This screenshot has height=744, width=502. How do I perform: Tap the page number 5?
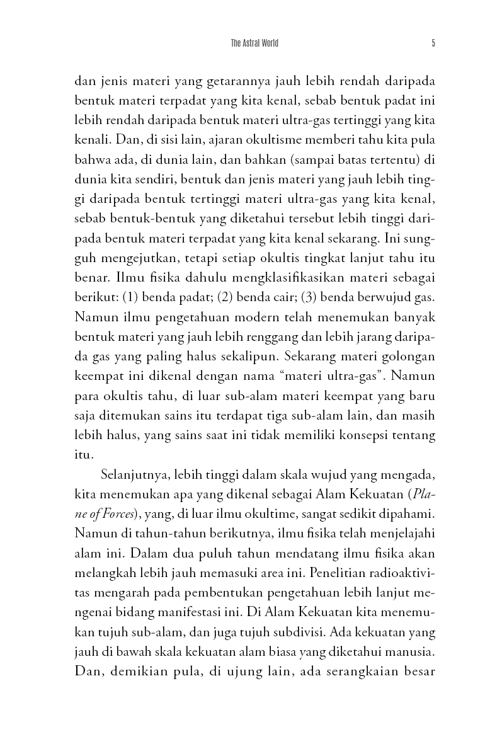(x=433, y=43)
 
